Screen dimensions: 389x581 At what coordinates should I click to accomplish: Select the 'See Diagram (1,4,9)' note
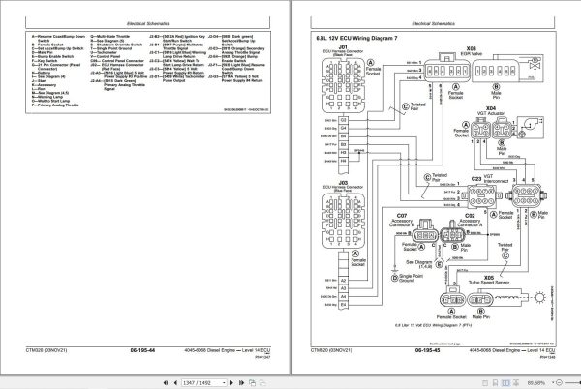click(x=421, y=266)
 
